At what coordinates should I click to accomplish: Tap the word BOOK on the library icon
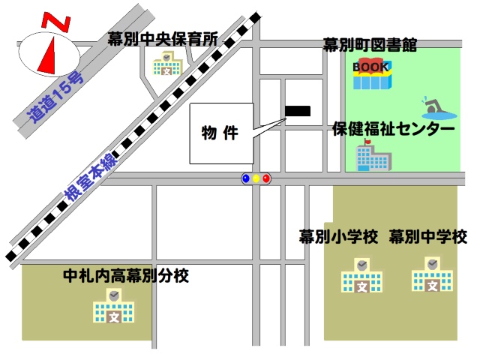coord(371,67)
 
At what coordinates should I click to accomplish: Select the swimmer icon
coord(436,108)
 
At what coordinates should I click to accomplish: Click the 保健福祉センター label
coord(394,129)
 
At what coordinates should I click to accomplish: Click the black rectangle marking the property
coord(297,112)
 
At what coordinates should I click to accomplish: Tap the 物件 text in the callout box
coord(220,133)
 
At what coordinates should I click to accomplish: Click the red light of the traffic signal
coord(266,179)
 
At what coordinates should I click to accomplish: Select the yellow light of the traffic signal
coord(256,179)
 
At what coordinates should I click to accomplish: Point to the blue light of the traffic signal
coord(245,179)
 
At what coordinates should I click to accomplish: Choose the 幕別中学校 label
coord(428,238)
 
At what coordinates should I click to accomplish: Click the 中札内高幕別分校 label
coord(126,276)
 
